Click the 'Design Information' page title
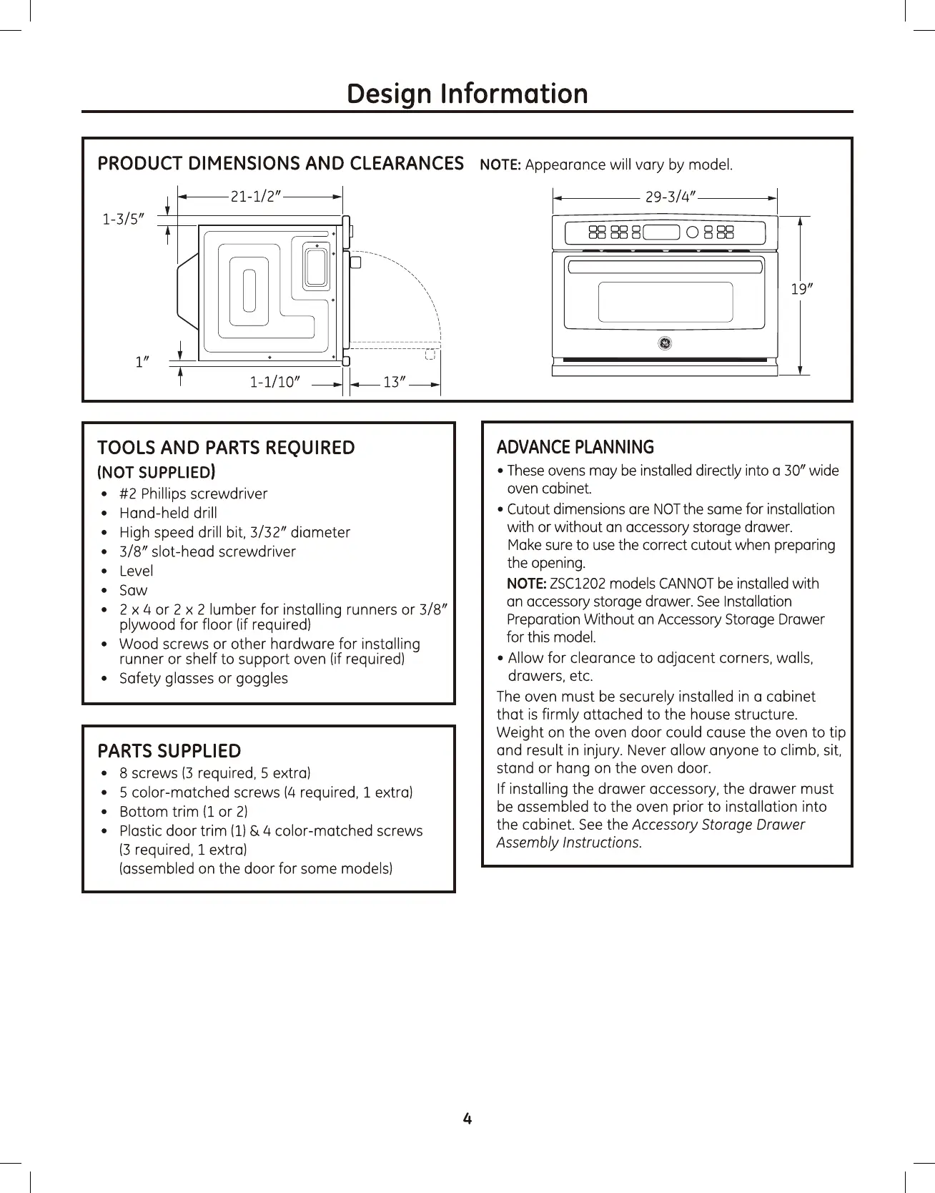(x=467, y=94)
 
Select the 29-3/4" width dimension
(x=671, y=197)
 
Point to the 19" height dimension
(x=798, y=289)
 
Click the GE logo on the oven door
(x=664, y=343)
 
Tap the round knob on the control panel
(x=692, y=232)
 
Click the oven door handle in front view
(x=664, y=266)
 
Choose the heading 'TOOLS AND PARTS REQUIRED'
(x=226, y=448)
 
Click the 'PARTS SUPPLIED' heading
(x=169, y=751)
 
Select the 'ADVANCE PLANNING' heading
(x=575, y=448)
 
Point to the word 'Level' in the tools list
(x=136, y=571)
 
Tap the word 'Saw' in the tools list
(x=133, y=590)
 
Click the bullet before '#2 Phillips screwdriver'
(x=105, y=494)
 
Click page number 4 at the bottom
(x=467, y=1119)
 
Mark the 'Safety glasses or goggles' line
(x=203, y=678)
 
